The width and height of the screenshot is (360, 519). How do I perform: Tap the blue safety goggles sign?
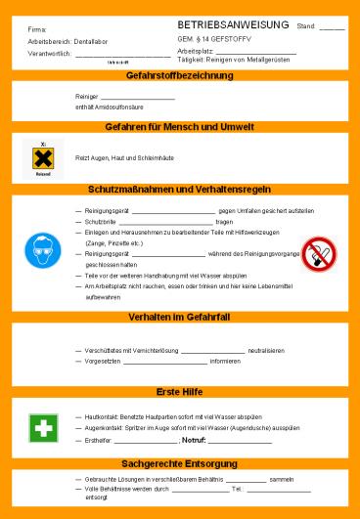point(42,252)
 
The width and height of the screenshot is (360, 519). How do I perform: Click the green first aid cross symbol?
point(42,429)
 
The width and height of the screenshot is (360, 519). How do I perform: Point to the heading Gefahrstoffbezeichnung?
point(179,76)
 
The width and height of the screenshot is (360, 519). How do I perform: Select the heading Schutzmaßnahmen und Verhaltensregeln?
point(179,189)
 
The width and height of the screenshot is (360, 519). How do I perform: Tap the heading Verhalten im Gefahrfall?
point(179,318)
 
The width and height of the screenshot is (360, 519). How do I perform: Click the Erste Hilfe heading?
point(179,392)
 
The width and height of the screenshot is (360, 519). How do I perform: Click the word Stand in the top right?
point(305,26)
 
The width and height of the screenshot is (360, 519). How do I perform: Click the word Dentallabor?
point(88,43)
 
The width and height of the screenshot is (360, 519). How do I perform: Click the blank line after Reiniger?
point(136,98)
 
